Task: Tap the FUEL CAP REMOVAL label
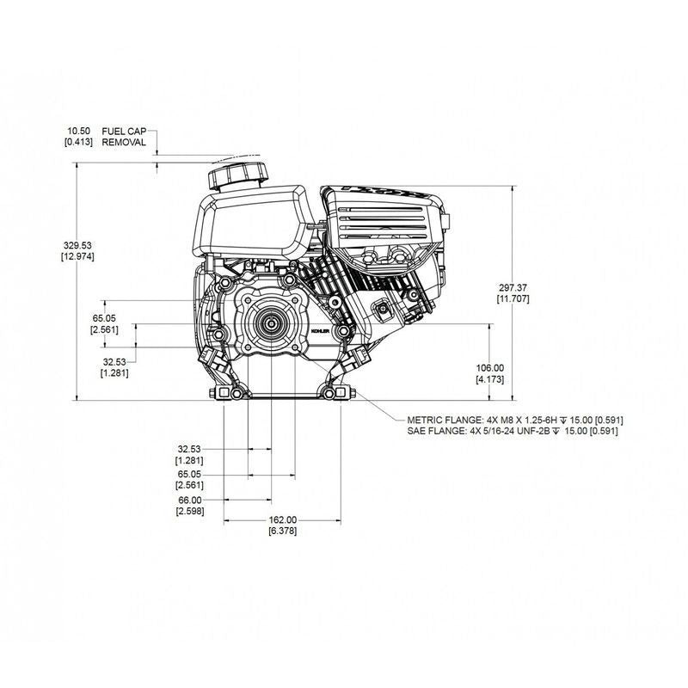(x=125, y=136)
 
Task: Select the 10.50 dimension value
(x=79, y=131)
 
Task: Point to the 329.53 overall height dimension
(x=77, y=245)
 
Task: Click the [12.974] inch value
(x=77, y=256)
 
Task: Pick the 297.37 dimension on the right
(x=513, y=287)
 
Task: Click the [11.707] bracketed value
(x=513, y=298)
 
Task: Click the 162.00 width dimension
(x=281, y=519)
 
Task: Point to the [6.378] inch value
(x=281, y=531)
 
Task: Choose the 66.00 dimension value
(x=189, y=500)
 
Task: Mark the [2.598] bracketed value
(x=189, y=511)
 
